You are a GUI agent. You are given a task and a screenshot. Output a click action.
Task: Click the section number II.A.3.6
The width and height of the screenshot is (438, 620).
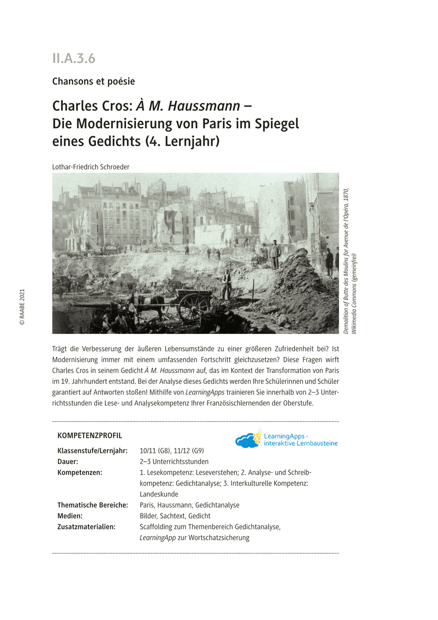coord(74,58)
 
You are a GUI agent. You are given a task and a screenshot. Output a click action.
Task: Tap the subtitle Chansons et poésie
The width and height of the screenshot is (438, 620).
coord(93,81)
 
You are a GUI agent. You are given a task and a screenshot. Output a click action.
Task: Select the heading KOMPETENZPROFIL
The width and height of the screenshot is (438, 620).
coord(89,436)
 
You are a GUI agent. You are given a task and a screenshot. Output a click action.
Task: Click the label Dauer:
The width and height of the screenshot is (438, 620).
coord(68,461)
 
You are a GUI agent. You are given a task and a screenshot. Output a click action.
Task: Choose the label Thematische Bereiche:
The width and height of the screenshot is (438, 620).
coord(92,505)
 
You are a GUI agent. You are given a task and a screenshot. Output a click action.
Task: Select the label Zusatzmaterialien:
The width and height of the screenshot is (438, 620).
coord(86,526)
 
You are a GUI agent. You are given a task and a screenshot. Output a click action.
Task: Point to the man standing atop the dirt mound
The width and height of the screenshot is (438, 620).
coord(274,254)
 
